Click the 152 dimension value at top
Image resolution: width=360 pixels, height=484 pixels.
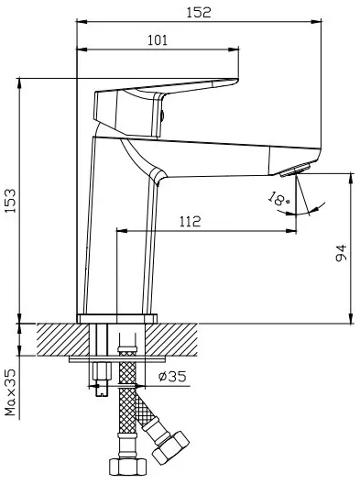click(199, 12)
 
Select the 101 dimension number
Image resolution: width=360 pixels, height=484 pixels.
click(158, 40)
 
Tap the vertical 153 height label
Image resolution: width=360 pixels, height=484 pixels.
click(10, 201)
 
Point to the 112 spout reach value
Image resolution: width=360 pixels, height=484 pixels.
click(190, 221)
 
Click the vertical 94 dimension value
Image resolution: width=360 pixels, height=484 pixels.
click(341, 253)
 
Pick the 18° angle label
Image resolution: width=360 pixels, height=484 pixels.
click(279, 199)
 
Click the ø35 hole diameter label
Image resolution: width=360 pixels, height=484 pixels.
click(172, 376)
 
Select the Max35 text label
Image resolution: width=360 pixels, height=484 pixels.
click(10, 392)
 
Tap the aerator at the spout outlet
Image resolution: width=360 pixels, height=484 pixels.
click(295, 170)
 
